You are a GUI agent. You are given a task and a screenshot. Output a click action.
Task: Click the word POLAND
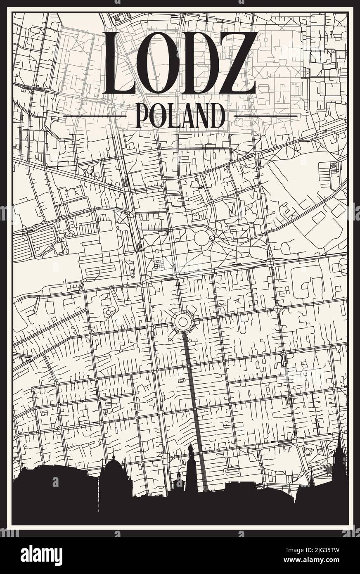[180, 116]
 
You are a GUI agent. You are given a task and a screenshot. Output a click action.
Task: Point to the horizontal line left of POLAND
[94, 116]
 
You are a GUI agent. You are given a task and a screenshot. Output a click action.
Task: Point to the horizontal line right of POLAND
[265, 116]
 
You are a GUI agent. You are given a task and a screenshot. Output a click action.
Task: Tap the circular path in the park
[202, 238]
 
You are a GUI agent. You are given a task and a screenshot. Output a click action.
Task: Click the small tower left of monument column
[178, 479]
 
